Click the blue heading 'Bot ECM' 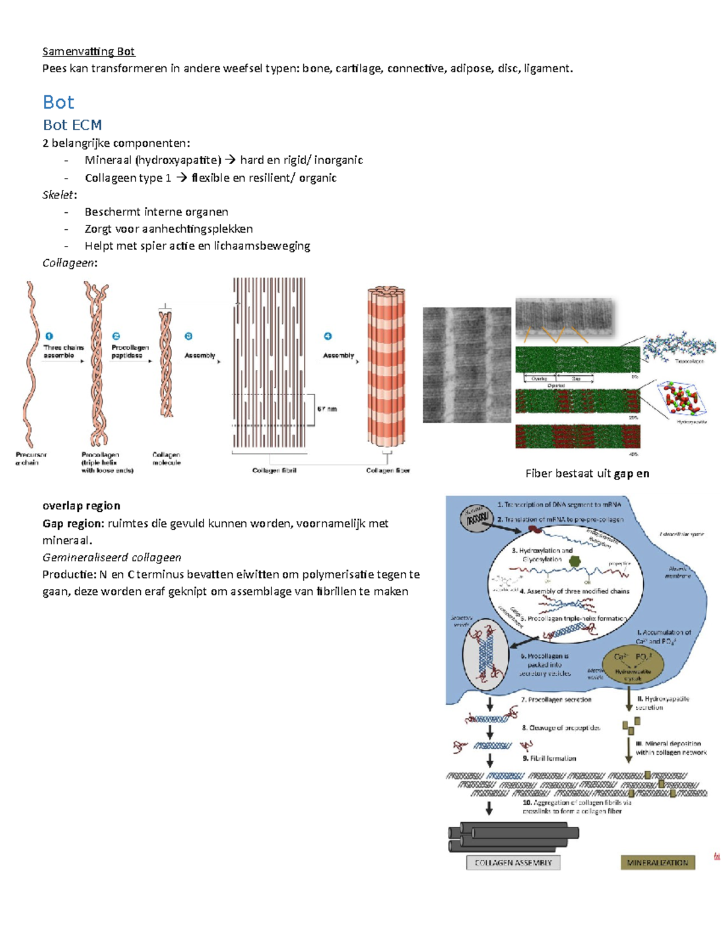(x=72, y=125)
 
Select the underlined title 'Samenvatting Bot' (x=88, y=52)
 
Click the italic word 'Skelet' (x=58, y=195)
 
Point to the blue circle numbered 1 (x=49, y=336)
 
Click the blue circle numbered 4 (x=328, y=336)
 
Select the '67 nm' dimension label (x=327, y=409)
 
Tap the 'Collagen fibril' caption (x=274, y=470)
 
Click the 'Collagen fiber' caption (x=387, y=470)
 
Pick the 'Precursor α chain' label (x=31, y=459)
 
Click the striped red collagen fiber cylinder (x=386, y=367)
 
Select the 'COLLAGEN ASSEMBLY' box (x=513, y=862)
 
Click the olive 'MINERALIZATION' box (x=658, y=862)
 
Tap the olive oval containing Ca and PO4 (x=633, y=665)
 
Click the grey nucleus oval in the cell (x=477, y=517)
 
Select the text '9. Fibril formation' (x=549, y=758)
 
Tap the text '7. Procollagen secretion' (x=556, y=699)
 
